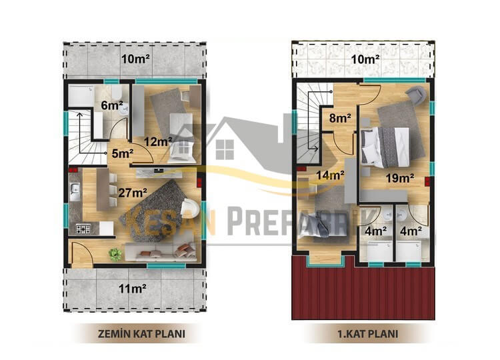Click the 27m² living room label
[x=133, y=192]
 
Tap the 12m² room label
[x=159, y=141]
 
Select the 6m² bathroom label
[x=112, y=105]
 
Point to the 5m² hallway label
[x=123, y=153]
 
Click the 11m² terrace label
[x=133, y=289]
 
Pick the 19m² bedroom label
[x=400, y=177]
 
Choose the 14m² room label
[x=330, y=175]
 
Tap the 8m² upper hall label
[x=340, y=118]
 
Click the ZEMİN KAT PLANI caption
[x=141, y=334]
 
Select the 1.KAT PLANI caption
[x=367, y=334]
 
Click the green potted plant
[x=115, y=255]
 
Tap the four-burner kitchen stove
[x=83, y=228]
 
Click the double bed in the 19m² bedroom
[x=385, y=147]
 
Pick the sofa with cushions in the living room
[x=159, y=252]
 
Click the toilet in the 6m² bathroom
[x=117, y=93]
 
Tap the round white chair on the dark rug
[x=189, y=209]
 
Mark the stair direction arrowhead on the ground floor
[x=79, y=114]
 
